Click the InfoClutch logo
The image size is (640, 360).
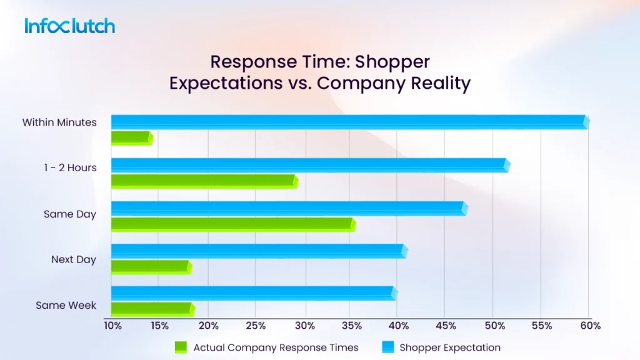click(x=69, y=26)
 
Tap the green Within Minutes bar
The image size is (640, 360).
click(x=131, y=138)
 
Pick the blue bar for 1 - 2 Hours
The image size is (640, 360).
click(x=309, y=165)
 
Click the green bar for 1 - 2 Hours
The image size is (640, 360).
click(x=204, y=181)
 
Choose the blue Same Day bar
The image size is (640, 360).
click(x=288, y=209)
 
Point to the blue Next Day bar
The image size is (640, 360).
click(x=258, y=251)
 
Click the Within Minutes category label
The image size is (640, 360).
click(x=59, y=122)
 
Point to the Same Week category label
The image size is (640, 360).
click(x=66, y=306)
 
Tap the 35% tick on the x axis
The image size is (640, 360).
click(x=351, y=326)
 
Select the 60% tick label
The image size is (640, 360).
click(x=590, y=326)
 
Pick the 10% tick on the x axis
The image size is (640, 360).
click(x=112, y=326)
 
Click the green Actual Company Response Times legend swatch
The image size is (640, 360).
click(x=181, y=347)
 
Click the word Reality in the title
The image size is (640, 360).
click(x=438, y=83)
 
